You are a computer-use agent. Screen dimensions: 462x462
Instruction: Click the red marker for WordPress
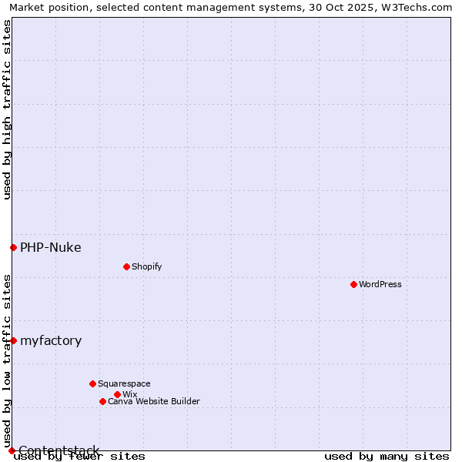coord(353,284)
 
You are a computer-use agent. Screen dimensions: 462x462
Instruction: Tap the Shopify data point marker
coord(126,266)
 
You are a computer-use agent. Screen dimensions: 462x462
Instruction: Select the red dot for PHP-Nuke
coord(13,247)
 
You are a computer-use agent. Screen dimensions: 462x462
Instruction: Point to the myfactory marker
coord(13,340)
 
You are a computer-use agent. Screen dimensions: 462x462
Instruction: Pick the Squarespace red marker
coord(92,383)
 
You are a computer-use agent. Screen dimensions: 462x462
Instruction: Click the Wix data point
coord(117,394)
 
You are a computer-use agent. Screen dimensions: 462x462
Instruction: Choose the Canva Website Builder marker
coord(102,401)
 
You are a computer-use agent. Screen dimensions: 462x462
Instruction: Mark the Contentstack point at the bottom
coord(12,450)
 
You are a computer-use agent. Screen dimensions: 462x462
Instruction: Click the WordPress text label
coord(380,284)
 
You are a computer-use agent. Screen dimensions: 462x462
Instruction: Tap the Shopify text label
coord(146,266)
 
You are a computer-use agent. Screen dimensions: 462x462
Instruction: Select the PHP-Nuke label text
coord(51,247)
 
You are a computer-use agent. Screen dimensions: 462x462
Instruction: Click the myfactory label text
coord(51,340)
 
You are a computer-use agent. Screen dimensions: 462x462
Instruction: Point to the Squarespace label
coord(124,383)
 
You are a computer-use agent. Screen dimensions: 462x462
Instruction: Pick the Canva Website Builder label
coord(154,401)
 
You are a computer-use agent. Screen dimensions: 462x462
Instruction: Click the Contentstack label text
coord(59,450)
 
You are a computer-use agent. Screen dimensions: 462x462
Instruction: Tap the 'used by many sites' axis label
coord(387,457)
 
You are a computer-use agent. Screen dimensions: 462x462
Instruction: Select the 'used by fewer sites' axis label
coord(79,457)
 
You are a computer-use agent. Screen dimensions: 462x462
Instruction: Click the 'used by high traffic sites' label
coord(7,109)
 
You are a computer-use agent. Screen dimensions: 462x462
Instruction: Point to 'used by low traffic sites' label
coord(7,360)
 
